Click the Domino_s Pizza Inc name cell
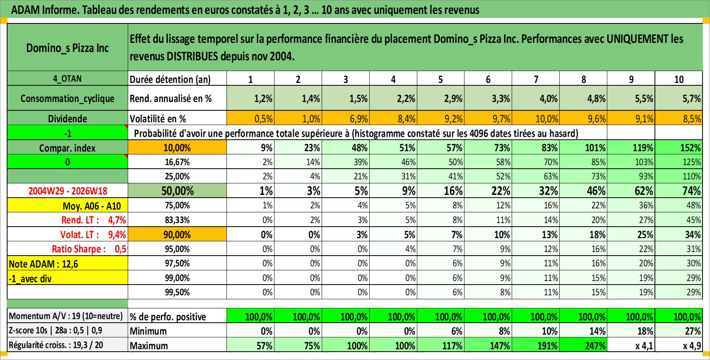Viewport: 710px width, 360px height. pos(67,48)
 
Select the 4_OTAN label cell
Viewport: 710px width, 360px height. pos(67,79)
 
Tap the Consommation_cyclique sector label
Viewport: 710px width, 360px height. pos(67,98)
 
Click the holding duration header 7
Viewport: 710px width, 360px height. pos(536,79)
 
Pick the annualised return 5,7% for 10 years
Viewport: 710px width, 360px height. pos(679,98)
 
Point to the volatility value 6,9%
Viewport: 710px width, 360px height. pos(345,118)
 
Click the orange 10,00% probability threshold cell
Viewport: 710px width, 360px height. pos(177,148)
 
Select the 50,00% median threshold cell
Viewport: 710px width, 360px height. pos(177,191)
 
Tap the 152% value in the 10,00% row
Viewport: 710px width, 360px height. pos(679,148)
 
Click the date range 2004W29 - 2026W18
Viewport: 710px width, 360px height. pos(67,191)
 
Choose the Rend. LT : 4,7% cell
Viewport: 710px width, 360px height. pos(67,220)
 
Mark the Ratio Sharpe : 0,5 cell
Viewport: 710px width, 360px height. pos(67,249)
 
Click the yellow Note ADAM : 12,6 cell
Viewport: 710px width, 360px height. pos(67,264)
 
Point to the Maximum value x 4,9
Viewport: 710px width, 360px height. pos(679,345)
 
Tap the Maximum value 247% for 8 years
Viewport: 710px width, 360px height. pos(583,345)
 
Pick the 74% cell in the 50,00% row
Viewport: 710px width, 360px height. pos(679,191)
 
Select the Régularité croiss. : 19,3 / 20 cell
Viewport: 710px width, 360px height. pos(67,345)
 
